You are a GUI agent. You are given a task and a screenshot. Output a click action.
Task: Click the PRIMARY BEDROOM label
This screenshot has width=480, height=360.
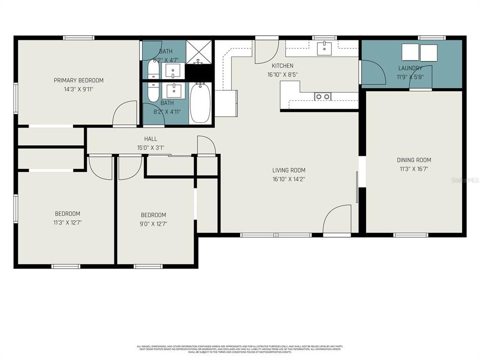click(x=78, y=80)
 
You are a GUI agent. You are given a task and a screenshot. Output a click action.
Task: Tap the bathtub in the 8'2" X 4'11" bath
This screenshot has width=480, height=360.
click(x=200, y=103)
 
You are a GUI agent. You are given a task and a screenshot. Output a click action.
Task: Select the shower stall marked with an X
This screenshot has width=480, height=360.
click(x=200, y=52)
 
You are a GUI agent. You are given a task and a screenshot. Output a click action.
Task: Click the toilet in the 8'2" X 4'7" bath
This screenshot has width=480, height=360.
click(x=153, y=71)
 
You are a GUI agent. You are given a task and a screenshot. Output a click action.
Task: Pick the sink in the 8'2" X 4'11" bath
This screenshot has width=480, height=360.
click(x=174, y=90)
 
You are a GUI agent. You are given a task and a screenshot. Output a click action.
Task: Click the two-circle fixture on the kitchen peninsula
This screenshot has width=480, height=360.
click(x=322, y=97)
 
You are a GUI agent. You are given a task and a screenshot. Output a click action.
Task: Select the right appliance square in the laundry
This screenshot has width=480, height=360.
click(x=428, y=53)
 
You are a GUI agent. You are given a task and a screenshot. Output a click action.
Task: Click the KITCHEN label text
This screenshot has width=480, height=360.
click(x=283, y=66)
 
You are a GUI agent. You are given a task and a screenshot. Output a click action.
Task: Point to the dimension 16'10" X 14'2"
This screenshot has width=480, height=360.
click(x=289, y=179)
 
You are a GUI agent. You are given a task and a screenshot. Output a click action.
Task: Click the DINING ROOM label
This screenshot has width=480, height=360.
click(x=413, y=160)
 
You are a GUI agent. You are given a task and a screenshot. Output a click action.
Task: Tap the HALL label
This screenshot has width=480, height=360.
click(x=150, y=139)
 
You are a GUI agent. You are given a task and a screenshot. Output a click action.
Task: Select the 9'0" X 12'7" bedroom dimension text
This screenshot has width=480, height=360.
click(x=154, y=224)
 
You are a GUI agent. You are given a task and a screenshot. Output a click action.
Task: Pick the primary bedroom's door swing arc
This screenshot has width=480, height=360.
click(x=124, y=114)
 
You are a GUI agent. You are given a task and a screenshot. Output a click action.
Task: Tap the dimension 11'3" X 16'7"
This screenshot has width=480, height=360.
click(x=413, y=168)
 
